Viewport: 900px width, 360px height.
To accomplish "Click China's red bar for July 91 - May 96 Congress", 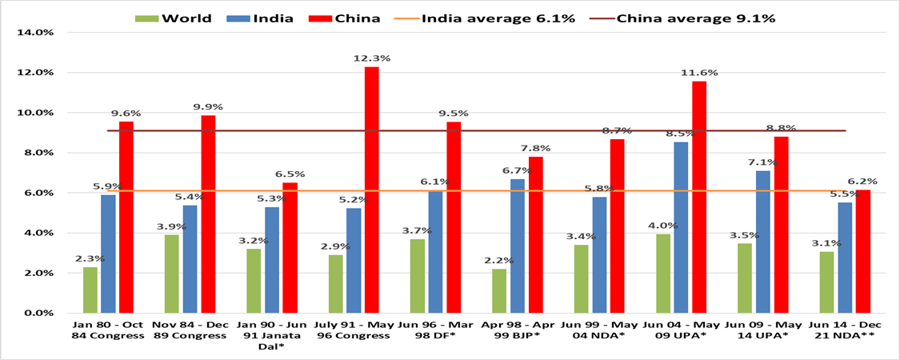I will (x=372, y=190).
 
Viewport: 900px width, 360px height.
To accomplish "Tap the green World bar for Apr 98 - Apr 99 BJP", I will (x=499, y=290).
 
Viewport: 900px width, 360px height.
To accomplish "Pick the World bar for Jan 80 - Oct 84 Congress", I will (x=90, y=290).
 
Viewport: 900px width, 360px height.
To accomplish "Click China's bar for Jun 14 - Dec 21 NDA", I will (x=863, y=250).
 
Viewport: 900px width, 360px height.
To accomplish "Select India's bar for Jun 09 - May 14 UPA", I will (x=762, y=241).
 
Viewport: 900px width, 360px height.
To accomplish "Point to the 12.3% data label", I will (x=372, y=58).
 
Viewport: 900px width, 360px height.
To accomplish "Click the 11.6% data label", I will (x=699, y=72).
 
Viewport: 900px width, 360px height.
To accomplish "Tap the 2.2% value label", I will (x=498, y=260).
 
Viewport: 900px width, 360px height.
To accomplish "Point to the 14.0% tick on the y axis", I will (x=35, y=33).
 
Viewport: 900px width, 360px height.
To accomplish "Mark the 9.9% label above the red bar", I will (x=208, y=106).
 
